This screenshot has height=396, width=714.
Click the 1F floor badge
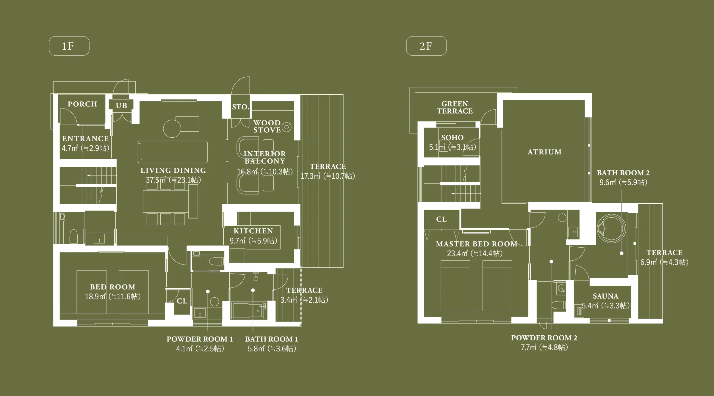point(69,46)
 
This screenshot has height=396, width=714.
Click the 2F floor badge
point(426,46)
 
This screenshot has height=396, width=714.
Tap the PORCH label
point(82,104)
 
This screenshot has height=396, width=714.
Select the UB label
point(121,106)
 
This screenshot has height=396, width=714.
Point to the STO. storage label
point(241,107)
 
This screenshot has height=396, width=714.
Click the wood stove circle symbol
point(286,127)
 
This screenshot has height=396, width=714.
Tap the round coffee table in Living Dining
point(172,129)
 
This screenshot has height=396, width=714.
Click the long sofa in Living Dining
point(173,152)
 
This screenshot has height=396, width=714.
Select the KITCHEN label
point(253,231)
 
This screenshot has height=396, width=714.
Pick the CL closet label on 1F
point(182,301)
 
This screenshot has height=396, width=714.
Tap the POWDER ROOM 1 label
point(200,339)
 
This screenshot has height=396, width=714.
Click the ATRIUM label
point(544,152)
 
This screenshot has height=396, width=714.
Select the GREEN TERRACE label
point(455,107)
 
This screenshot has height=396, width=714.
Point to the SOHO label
point(452,138)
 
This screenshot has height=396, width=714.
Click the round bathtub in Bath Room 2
point(611,228)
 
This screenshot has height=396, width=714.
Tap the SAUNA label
point(605,296)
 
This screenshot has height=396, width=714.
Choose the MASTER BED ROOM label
point(477,244)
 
